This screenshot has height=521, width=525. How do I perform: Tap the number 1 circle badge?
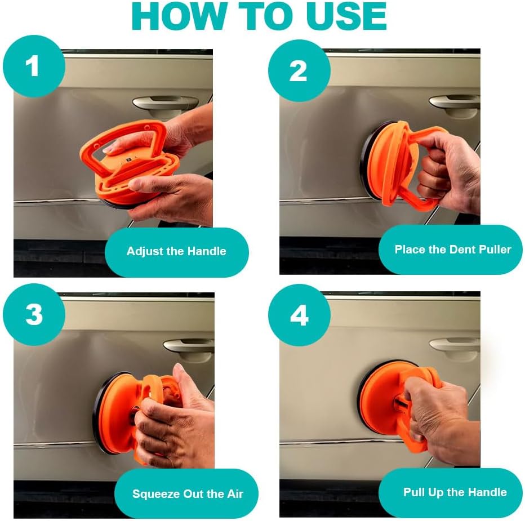[34, 66]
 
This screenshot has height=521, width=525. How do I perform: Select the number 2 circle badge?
[299, 70]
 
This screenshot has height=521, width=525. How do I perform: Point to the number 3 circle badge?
[34, 314]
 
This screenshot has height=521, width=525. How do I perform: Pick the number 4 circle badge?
[299, 315]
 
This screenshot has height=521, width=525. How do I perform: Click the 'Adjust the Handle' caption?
[176, 251]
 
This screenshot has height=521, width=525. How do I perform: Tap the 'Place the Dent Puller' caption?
[450, 250]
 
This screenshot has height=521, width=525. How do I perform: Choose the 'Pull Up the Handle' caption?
[450, 492]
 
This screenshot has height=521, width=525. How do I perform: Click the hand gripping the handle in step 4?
[439, 418]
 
